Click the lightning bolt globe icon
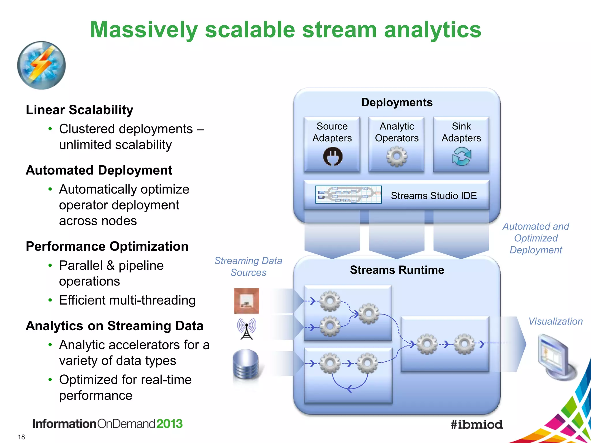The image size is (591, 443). [x=41, y=65]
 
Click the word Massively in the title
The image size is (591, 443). [x=144, y=30]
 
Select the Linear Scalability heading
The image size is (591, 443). [x=79, y=110]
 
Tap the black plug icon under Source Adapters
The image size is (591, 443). [x=333, y=157]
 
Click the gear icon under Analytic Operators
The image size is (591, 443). [x=397, y=157]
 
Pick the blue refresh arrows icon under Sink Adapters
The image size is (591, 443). [x=461, y=157]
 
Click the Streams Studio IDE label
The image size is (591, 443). [x=434, y=196]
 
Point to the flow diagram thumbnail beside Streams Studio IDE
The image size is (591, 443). [x=348, y=195]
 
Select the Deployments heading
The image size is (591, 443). [x=397, y=103]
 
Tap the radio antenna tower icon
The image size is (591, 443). [x=246, y=329]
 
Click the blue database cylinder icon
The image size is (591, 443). [x=246, y=365]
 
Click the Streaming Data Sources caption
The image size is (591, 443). [x=248, y=266]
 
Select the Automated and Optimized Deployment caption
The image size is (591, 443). [x=536, y=238]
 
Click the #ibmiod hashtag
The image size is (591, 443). [x=476, y=425]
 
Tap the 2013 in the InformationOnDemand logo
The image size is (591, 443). [x=169, y=424]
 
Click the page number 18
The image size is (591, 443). [x=21, y=437]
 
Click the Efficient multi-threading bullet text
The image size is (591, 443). [x=127, y=300]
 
